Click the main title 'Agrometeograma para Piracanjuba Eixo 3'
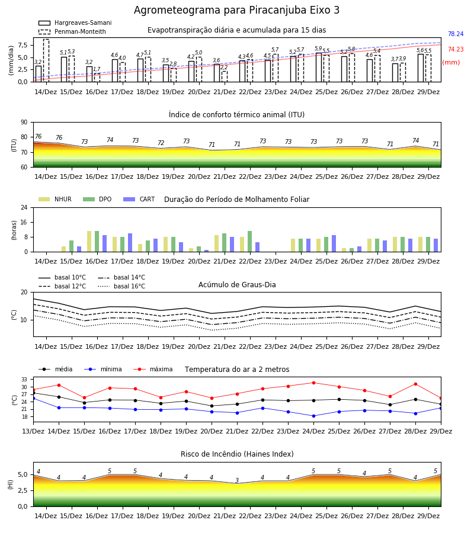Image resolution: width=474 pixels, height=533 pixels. tap(236, 10)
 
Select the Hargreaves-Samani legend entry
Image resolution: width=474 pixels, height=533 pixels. tap(75, 23)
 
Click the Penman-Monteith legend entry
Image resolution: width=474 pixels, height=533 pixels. tap(72, 31)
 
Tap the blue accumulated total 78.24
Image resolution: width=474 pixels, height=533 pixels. tap(456, 34)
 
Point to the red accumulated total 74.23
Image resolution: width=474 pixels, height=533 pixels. tap(456, 49)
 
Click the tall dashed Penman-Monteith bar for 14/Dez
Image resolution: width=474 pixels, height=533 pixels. tap(46, 60)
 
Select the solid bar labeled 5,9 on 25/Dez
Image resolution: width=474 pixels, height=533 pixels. tap(319, 68)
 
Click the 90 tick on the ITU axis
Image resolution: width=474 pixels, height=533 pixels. tap(24, 123)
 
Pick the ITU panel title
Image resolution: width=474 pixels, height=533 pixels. tap(236, 114)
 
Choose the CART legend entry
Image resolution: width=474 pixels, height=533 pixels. tap(139, 199)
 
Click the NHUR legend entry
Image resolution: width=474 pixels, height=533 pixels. tap(55, 199)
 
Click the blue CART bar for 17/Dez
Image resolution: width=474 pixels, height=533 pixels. tap(130, 243)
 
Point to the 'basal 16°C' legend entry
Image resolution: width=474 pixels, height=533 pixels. tap(121, 286)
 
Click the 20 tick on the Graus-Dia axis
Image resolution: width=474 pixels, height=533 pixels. tap(24, 293)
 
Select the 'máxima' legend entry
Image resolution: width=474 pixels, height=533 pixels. tap(153, 369)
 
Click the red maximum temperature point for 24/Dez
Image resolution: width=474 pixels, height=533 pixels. tap(313, 383)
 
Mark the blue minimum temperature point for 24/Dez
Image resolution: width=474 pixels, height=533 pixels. tap(313, 416)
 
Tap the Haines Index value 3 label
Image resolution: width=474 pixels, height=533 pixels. tap(237, 480)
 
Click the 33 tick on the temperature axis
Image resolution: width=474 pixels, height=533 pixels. tap(24, 380)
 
